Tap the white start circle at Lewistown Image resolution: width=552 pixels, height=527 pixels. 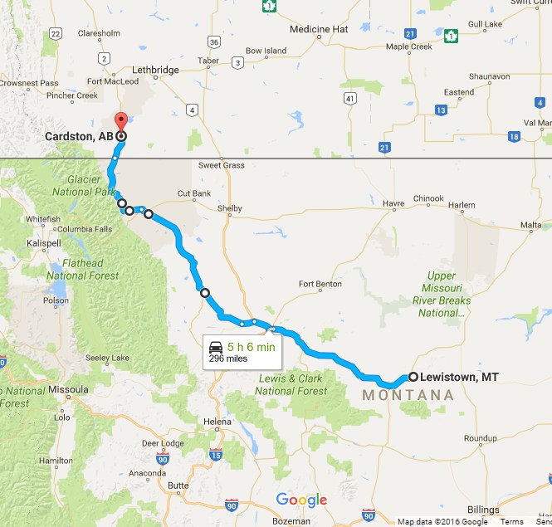[413, 377]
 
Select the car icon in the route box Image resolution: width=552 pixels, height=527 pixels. [215, 347]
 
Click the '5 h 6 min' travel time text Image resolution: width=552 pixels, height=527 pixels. [252, 347]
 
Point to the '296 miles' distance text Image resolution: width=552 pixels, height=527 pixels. [228, 359]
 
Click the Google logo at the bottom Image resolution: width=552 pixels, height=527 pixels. [301, 500]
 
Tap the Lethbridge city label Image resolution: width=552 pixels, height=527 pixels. [155, 71]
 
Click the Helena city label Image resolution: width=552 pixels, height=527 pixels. [217, 422]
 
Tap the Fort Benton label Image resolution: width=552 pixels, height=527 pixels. [320, 284]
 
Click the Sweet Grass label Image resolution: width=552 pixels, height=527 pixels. [221, 165]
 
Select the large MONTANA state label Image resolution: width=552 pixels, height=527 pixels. [408, 396]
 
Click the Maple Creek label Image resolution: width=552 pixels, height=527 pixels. [409, 46]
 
